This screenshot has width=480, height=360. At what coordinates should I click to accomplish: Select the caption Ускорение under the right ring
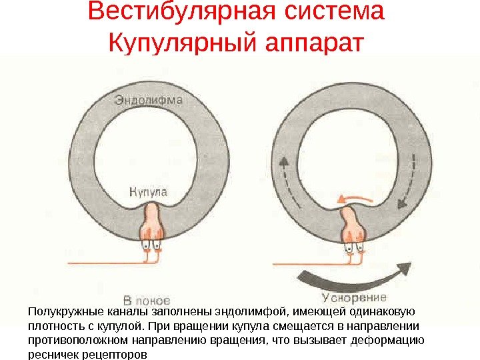(353, 297)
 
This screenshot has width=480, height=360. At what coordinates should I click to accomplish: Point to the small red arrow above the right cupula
(353, 198)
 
